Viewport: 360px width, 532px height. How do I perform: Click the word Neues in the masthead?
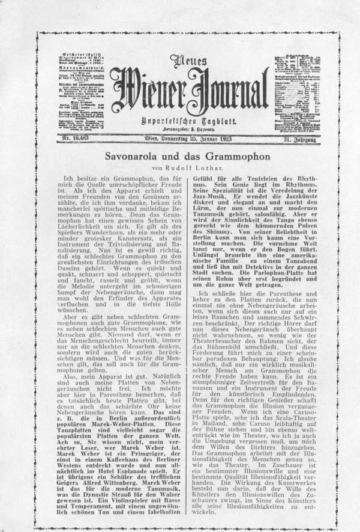pos(185,61)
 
